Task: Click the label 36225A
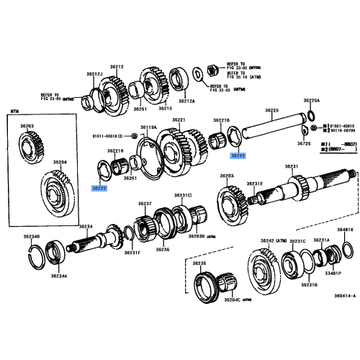click(x=311, y=100)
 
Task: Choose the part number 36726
click(x=304, y=143)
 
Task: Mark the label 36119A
click(x=147, y=127)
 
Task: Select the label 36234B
click(x=31, y=235)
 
